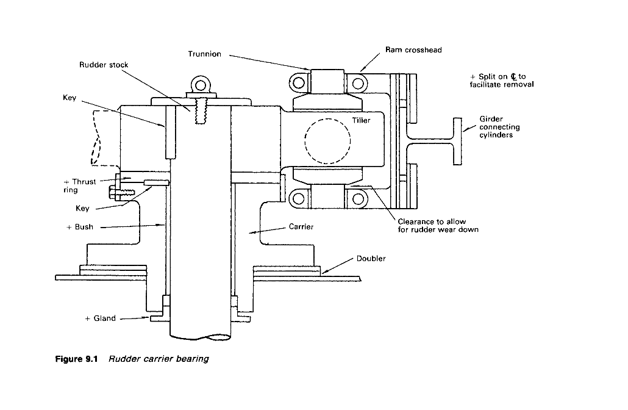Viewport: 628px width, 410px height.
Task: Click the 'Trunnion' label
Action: coord(205,54)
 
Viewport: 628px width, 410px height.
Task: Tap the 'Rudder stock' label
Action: coord(104,65)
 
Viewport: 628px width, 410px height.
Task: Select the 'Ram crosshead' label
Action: coord(413,49)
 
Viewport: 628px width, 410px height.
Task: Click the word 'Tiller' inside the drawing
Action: coord(362,120)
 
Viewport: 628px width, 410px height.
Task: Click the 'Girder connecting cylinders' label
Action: coord(499,127)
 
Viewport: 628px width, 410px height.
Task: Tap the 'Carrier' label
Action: coord(301,226)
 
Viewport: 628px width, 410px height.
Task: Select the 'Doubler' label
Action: coord(371,259)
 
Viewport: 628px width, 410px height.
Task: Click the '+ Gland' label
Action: coord(101,318)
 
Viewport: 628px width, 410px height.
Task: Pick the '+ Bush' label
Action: coord(80,227)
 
